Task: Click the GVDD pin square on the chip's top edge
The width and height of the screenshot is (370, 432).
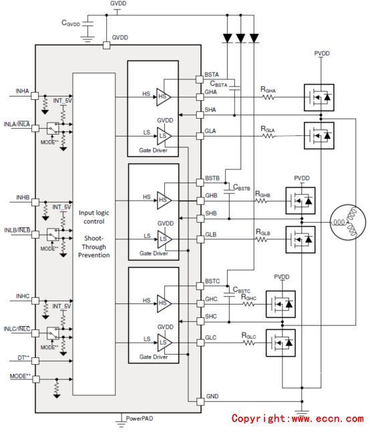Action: pos(106,45)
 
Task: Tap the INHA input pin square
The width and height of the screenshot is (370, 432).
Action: pos(35,96)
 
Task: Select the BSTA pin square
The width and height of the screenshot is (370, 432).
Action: pos(200,79)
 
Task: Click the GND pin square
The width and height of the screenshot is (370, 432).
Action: pos(200,402)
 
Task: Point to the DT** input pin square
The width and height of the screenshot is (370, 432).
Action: pos(35,361)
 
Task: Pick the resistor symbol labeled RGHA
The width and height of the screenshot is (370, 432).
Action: pos(268,97)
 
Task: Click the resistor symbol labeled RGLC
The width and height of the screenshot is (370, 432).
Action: pos(249,343)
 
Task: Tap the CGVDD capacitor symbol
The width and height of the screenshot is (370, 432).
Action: pos(88,24)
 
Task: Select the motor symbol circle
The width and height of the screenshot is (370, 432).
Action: pos(348,223)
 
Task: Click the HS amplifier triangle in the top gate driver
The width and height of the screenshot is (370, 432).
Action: pos(164,97)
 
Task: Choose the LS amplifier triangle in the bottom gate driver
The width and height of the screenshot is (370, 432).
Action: pos(164,343)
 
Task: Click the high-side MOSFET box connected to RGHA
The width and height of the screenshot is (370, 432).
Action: pos(319,97)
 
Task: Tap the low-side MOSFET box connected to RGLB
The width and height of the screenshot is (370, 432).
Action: pos(301,240)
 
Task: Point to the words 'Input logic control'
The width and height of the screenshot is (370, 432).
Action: pos(94,217)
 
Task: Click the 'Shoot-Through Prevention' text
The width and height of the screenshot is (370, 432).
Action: pos(94,247)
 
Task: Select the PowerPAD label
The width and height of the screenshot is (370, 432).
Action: pos(140,419)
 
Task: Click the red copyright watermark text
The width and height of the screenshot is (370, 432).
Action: pos(298,419)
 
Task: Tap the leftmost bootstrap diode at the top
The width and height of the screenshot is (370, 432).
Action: pos(227,38)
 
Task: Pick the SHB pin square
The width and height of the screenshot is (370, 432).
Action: pos(200,219)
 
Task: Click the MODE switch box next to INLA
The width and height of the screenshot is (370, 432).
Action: pos(53,129)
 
